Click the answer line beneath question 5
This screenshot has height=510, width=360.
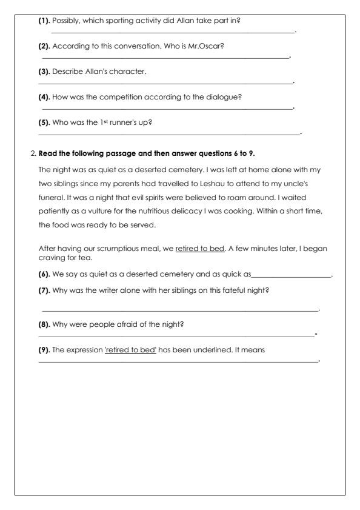(170, 133)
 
